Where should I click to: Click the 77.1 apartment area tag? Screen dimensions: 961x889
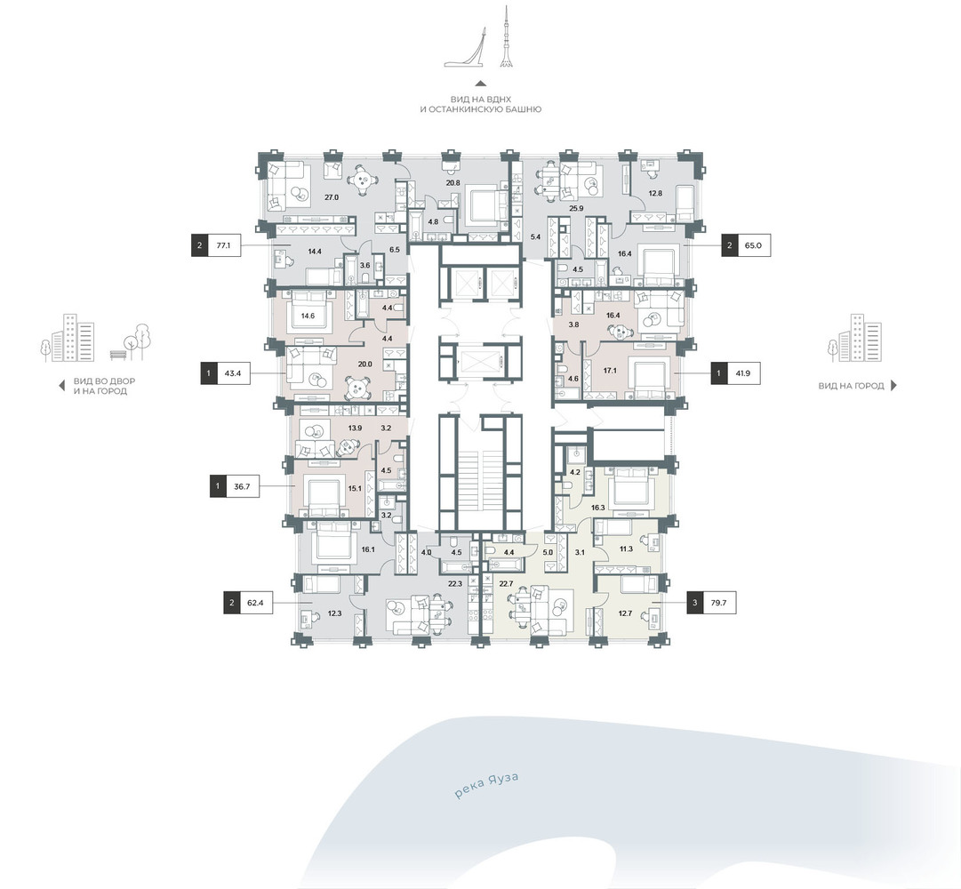tap(216, 245)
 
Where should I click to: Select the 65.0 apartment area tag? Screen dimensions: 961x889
tap(746, 245)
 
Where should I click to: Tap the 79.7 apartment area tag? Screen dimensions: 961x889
tap(711, 603)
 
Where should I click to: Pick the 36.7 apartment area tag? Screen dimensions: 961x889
tap(234, 486)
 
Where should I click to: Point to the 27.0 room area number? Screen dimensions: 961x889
tap(331, 197)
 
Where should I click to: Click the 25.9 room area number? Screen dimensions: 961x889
tap(576, 208)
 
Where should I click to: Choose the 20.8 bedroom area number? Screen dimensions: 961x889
tap(452, 182)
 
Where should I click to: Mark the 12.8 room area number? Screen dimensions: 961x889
tap(655, 193)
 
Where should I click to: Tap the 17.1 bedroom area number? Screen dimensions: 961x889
tap(611, 371)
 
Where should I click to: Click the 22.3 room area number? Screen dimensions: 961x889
tap(455, 584)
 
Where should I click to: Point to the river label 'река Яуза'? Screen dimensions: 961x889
tap(486, 786)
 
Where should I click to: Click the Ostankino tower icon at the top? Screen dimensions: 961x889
tap(506, 36)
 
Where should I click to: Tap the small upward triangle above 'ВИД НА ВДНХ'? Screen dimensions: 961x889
tap(481, 84)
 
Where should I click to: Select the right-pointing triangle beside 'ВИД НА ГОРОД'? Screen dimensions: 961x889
tap(893, 385)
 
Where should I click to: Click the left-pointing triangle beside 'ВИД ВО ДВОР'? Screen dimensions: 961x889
tap(61, 385)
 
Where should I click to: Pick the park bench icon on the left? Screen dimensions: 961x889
tap(117, 354)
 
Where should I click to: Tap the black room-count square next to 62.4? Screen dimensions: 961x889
tap(232, 603)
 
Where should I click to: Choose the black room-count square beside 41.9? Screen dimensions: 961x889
tap(719, 373)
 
